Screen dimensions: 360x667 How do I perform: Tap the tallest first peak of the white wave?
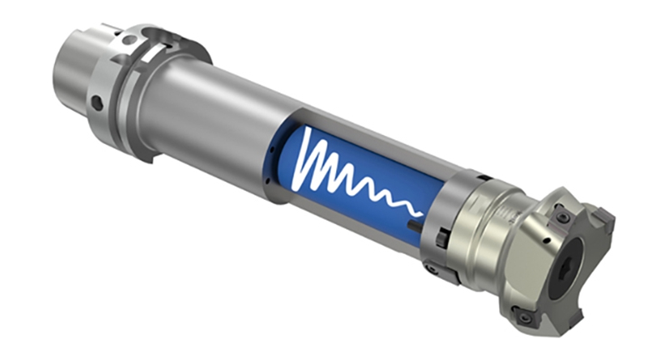310,154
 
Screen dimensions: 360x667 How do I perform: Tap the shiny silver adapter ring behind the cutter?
484,225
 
